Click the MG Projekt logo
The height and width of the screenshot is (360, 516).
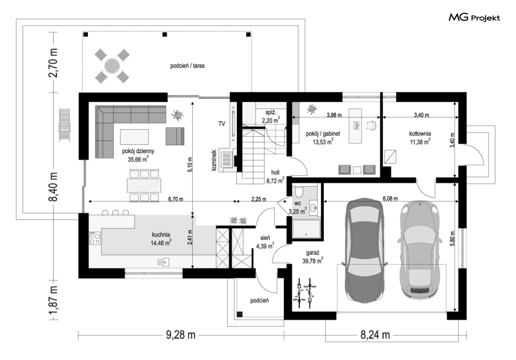pos(474,17)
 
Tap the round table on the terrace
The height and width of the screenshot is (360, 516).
pos(112,66)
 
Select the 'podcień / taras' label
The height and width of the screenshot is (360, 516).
pos(187,66)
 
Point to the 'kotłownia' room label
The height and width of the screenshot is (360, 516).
pos(420,134)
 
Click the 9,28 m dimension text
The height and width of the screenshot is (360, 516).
pos(180,335)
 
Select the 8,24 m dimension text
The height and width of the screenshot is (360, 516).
pos(375,335)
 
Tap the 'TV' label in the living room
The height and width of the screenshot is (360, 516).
pos(222,124)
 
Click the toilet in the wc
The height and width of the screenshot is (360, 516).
pos(299,192)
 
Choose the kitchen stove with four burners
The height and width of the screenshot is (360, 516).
pos(95,238)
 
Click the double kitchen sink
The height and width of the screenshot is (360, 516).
pos(163,262)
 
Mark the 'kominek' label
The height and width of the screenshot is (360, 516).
pos(214,161)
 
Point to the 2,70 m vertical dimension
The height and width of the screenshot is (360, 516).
pos(53,63)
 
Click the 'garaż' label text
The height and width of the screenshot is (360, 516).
pos(311,253)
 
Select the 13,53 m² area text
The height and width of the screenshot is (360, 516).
pos(324,142)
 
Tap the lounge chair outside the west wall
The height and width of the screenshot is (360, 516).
pos(64,125)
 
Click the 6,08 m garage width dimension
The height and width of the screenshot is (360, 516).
pos(390,198)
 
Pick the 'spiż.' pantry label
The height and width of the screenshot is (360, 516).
pos(270,113)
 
